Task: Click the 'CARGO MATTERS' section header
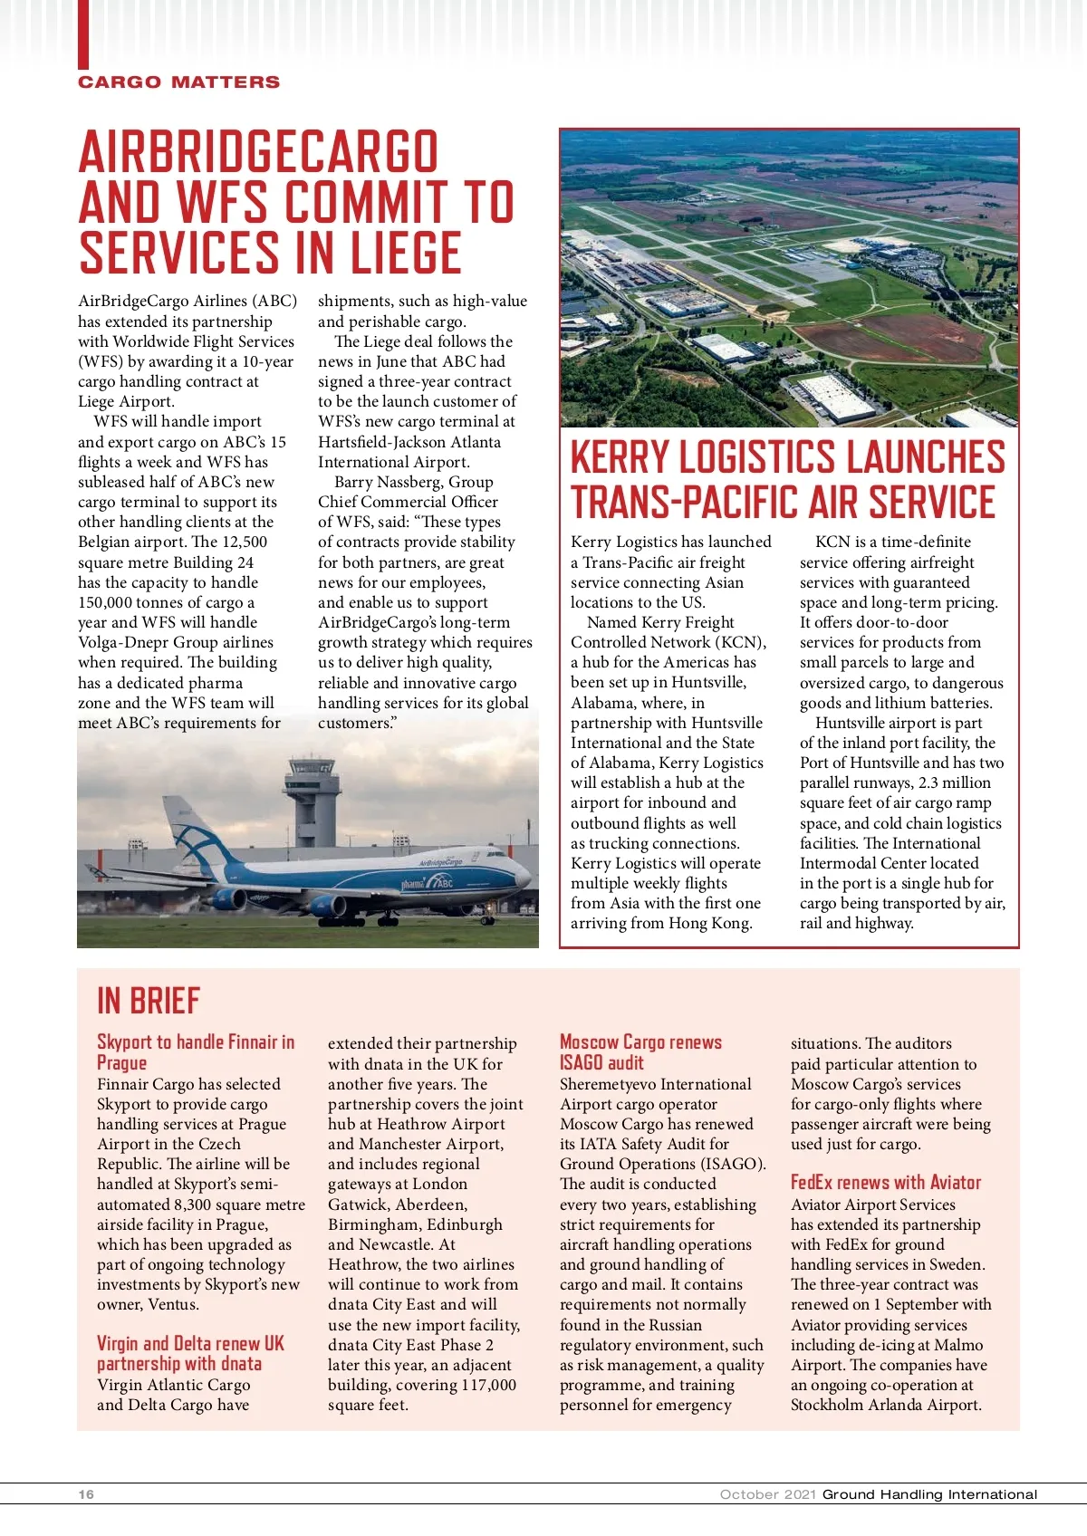click(178, 82)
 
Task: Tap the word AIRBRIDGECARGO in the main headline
click(259, 152)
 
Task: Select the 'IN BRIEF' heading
click(148, 1001)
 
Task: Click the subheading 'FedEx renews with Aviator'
click(885, 1182)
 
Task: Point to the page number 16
click(86, 1494)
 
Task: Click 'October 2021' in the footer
click(768, 1494)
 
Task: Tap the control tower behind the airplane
click(313, 797)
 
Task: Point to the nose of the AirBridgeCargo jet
click(524, 877)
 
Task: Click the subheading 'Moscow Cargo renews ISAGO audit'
click(640, 1052)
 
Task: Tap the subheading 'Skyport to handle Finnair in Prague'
click(195, 1052)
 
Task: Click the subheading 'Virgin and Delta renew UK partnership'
click(190, 1353)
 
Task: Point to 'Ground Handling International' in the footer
click(929, 1494)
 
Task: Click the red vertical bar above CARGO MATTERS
click(83, 34)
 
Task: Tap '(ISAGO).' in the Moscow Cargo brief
click(733, 1164)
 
